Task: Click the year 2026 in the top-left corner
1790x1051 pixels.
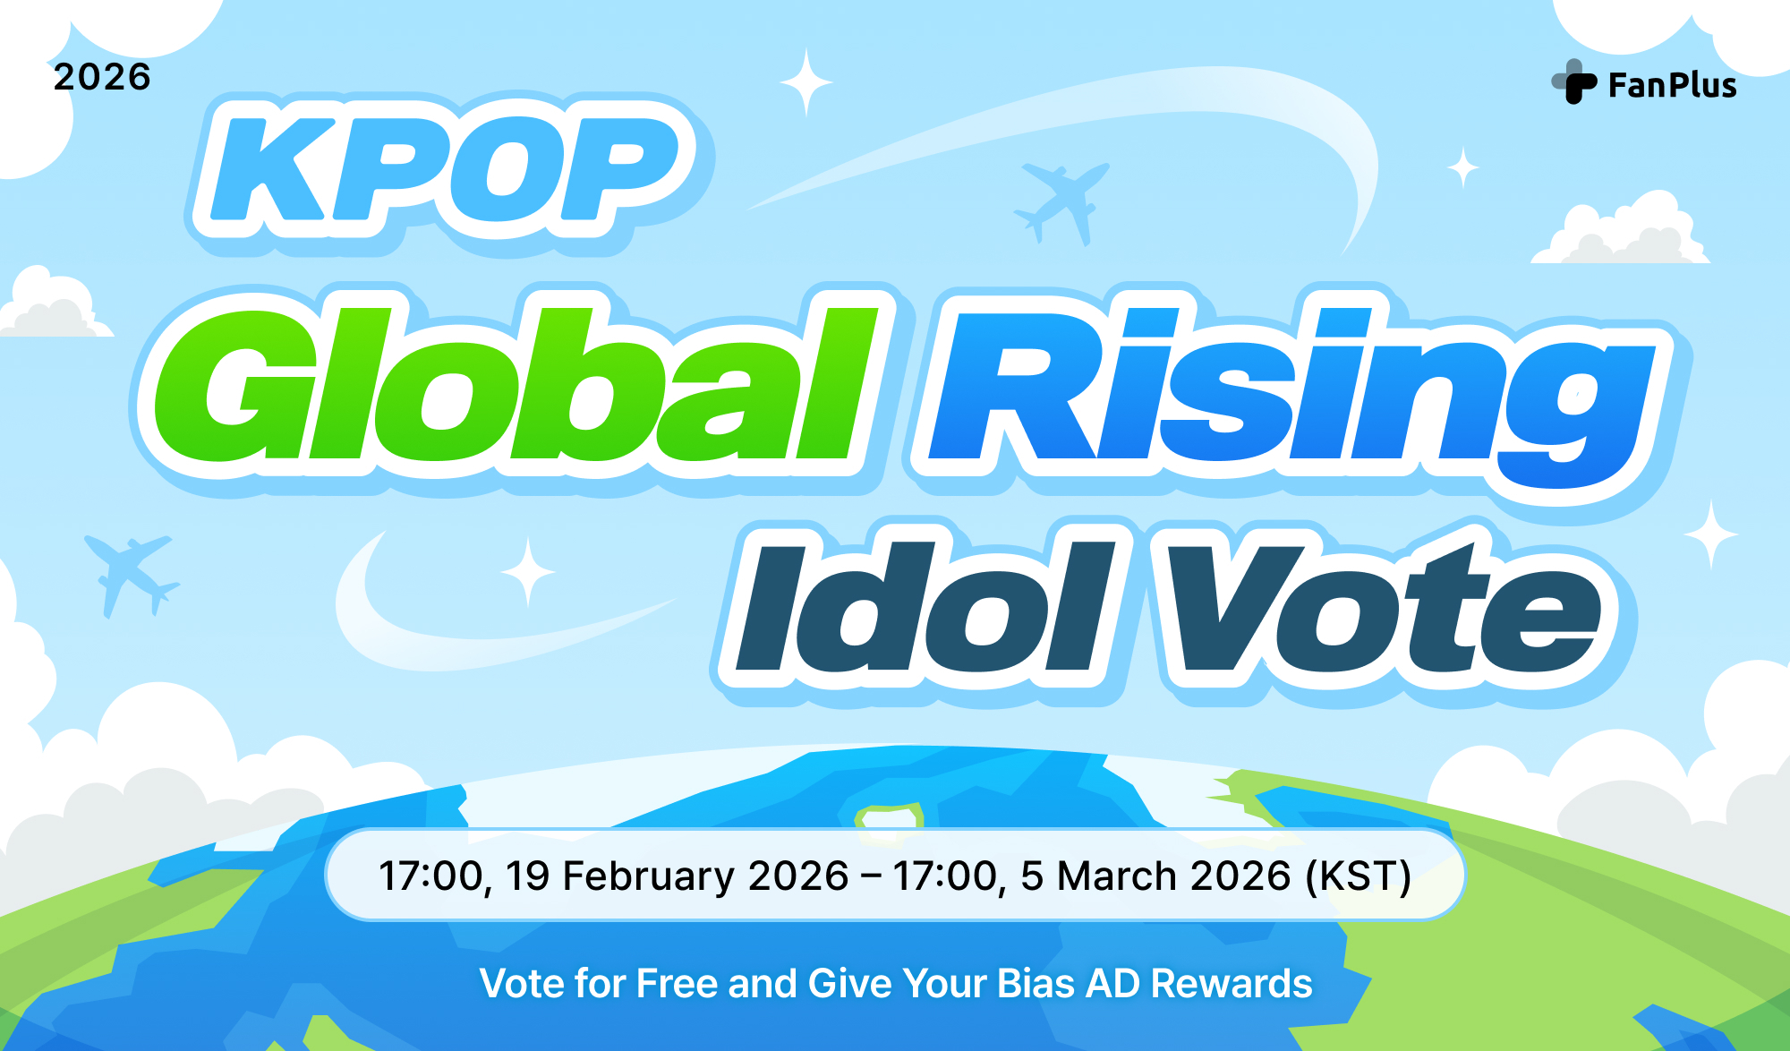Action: click(102, 77)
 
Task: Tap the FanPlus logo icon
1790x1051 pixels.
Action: click(1574, 82)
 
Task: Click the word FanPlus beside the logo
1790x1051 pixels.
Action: click(1672, 86)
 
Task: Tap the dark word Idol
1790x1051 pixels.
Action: click(922, 609)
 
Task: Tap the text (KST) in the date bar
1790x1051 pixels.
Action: click(1358, 876)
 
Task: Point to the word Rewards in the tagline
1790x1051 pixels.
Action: click(1232, 983)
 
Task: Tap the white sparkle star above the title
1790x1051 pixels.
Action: click(805, 82)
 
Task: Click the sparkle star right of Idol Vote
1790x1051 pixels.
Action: click(1710, 534)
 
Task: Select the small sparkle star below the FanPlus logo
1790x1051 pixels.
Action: click(1463, 167)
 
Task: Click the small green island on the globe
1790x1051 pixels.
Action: click(889, 817)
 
